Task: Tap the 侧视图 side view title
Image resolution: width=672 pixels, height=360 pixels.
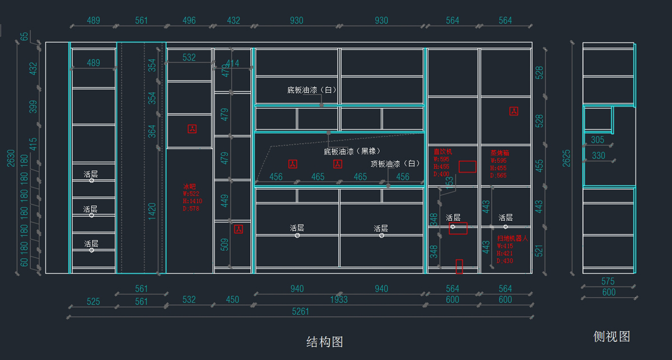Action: coord(612,336)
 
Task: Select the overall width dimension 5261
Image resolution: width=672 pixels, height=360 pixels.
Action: coord(301,311)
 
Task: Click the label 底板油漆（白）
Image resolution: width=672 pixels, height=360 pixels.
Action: coord(311,90)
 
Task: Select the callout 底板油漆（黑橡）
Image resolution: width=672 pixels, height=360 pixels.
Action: coord(352,151)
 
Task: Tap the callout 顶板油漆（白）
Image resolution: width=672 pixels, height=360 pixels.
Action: coord(395,164)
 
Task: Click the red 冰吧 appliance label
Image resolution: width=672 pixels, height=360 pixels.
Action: coord(190,186)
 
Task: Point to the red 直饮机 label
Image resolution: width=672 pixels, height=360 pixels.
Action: coord(442,151)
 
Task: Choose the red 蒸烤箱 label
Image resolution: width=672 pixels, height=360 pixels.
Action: coord(500,152)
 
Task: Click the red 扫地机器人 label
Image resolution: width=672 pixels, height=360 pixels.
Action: coord(512,238)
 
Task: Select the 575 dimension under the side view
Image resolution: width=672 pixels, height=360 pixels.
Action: coord(608,282)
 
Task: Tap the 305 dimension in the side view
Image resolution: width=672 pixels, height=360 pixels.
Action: coord(598,140)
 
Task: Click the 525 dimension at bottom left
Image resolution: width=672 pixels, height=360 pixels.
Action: coord(93,301)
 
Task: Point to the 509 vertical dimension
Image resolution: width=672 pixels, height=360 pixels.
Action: coord(225,244)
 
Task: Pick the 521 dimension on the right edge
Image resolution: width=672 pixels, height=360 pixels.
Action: coord(539,250)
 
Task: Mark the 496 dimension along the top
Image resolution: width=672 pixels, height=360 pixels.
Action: coord(189,21)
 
